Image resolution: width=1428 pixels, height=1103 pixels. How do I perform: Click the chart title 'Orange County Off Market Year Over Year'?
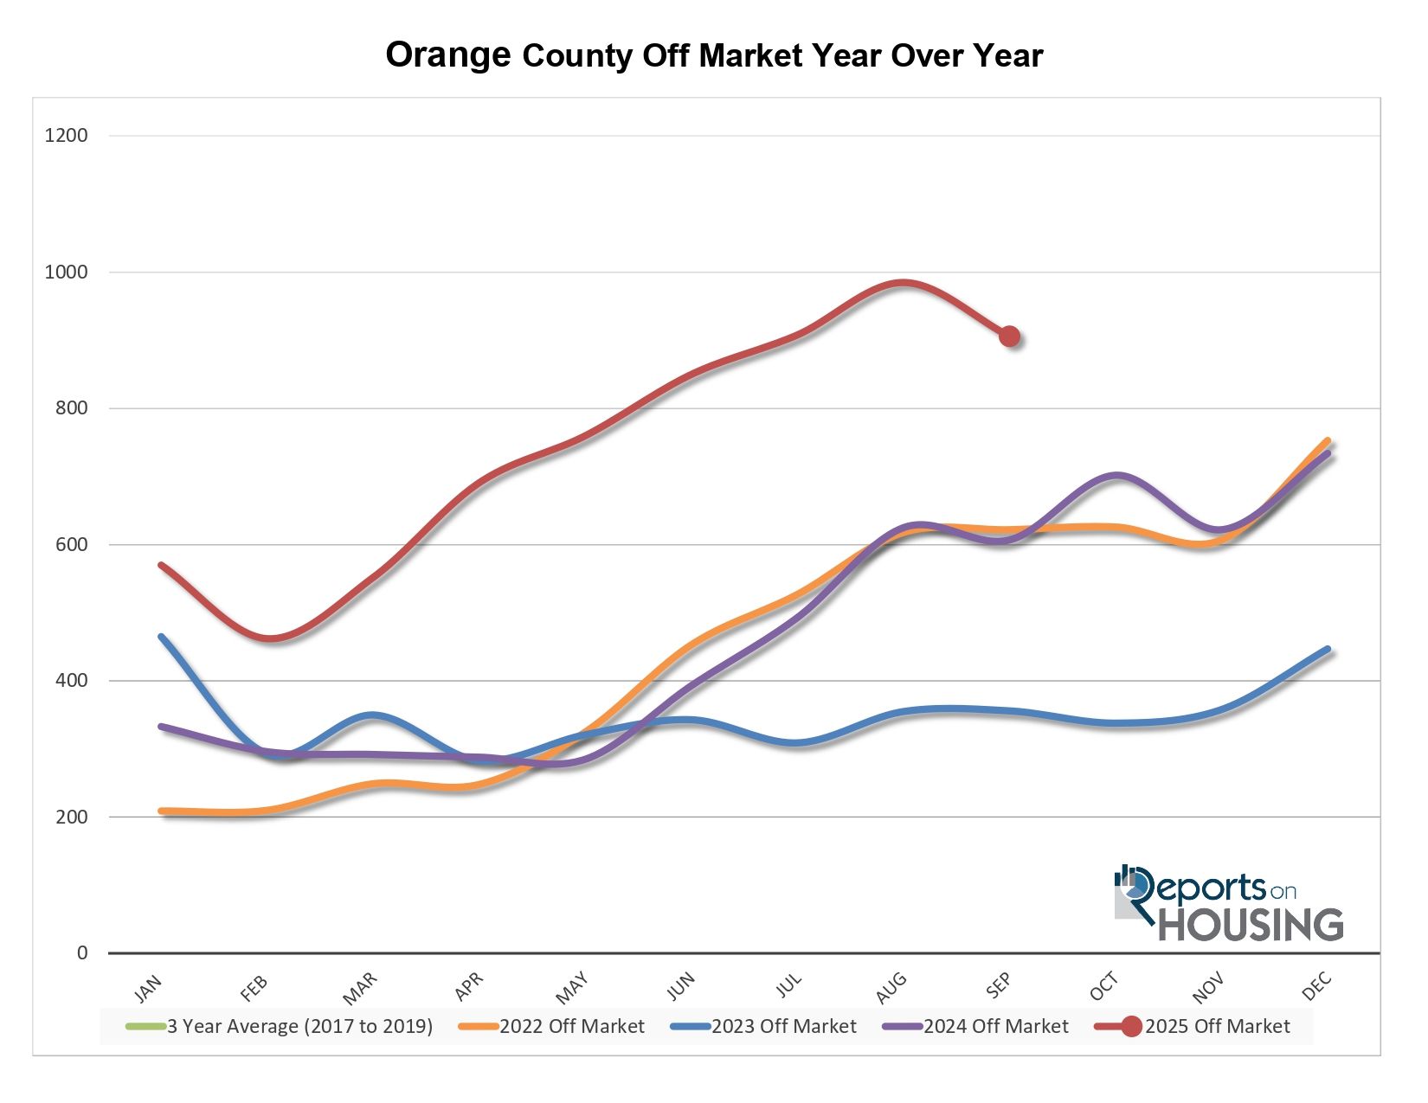[714, 55]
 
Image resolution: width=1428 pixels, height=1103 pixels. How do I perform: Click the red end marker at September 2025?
[1009, 337]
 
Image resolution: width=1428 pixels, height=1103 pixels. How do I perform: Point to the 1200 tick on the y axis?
[66, 136]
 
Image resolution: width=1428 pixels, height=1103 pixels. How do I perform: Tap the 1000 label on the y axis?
[66, 272]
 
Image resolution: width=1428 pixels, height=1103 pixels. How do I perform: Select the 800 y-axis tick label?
[70, 408]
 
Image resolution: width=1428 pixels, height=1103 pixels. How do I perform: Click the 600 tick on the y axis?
[70, 544]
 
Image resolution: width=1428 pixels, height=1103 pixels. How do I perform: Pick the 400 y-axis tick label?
[70, 681]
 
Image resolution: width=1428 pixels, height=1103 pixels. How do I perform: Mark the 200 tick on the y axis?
[70, 817]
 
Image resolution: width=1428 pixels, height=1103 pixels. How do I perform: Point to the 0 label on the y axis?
[82, 952]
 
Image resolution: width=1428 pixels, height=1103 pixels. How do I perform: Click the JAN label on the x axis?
[149, 987]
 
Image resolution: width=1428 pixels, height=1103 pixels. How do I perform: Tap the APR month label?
[469, 987]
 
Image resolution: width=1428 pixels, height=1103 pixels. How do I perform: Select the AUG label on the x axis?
[891, 987]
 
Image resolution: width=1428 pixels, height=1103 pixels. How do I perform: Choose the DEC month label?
[1317, 987]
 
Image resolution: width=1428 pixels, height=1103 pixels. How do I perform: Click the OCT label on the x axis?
[1104, 987]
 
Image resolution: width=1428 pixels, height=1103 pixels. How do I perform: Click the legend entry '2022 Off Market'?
[571, 1027]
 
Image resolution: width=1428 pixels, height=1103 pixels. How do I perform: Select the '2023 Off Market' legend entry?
[783, 1027]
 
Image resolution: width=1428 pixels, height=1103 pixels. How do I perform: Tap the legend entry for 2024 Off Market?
[995, 1027]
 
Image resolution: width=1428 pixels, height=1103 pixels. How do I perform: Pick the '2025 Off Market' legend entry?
[1217, 1027]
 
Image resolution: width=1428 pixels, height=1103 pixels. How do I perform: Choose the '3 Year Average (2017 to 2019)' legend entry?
[299, 1027]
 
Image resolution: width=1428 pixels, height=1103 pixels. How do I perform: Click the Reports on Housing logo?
[1229, 904]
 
